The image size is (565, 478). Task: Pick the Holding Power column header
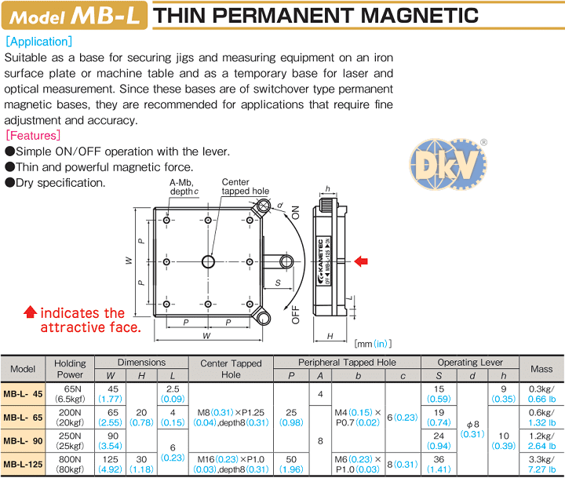point(71,368)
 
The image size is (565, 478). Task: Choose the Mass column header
point(541,368)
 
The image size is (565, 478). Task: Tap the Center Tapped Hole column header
point(231,368)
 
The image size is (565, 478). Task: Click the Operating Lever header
point(469,362)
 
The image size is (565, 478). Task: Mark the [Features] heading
point(32,136)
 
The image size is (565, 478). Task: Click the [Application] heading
point(38,41)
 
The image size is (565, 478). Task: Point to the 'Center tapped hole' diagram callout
point(244,187)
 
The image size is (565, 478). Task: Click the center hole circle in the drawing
point(207,261)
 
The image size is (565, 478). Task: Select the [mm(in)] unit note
point(373,343)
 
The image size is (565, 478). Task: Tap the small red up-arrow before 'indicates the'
point(30,312)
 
